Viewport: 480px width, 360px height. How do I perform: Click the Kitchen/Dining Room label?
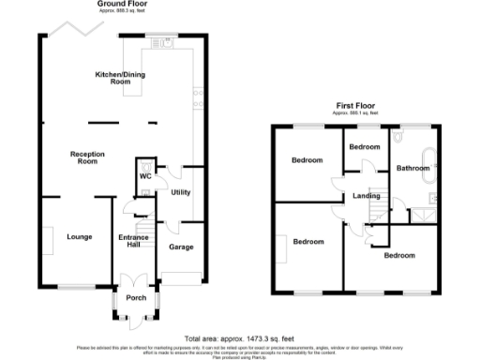coord(127,78)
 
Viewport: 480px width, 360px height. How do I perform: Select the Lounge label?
coord(80,236)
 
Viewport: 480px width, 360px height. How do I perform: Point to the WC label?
coord(145,175)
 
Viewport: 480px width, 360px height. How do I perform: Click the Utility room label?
coord(181,192)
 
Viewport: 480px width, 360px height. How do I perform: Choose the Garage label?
coord(181,247)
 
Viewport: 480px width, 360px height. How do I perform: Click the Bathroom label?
coord(412,168)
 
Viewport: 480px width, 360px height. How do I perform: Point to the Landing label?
coord(366,195)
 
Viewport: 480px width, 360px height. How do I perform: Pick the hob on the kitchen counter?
coord(198,94)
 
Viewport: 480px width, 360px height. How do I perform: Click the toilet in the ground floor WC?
coord(145,163)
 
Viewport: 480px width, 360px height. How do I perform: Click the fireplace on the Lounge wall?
coord(45,237)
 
